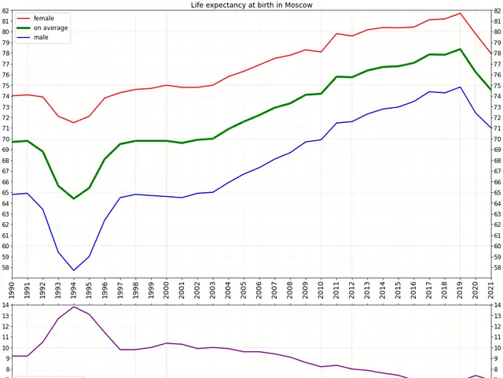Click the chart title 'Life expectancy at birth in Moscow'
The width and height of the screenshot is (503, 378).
pyautogui.click(x=251, y=5)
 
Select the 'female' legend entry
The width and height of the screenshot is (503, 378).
pyautogui.click(x=44, y=18)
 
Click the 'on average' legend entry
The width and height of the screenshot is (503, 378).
pyautogui.click(x=50, y=28)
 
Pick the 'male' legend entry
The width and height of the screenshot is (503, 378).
pyautogui.click(x=41, y=37)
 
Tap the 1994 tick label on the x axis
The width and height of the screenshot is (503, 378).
pyautogui.click(x=74, y=291)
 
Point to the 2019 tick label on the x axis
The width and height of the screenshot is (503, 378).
pyautogui.click(x=461, y=291)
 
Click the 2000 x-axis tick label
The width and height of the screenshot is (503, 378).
pyautogui.click(x=167, y=291)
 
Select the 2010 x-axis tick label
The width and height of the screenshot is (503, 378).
pyautogui.click(x=321, y=291)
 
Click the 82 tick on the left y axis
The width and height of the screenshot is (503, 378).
pyautogui.click(x=6, y=11)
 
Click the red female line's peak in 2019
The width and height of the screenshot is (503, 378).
pyautogui.click(x=461, y=13)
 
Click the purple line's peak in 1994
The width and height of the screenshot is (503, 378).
pyautogui.click(x=74, y=306)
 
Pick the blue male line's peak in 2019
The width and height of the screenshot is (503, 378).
pyautogui.click(x=461, y=87)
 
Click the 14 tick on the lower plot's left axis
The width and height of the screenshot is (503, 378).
pyautogui.click(x=6, y=306)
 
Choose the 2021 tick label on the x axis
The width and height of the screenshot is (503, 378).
pyautogui.click(x=491, y=291)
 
